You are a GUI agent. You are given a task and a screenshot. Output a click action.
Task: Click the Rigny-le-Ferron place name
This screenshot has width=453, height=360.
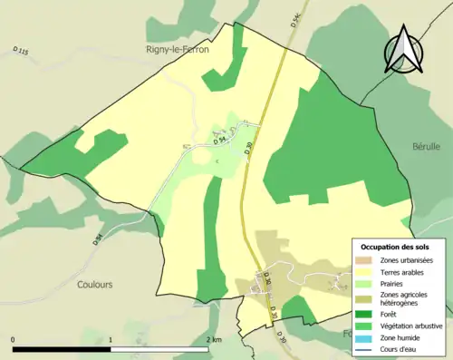pyautogui.click(x=178, y=49)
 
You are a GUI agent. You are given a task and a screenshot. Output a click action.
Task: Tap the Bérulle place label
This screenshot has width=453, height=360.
pyautogui.click(x=426, y=146)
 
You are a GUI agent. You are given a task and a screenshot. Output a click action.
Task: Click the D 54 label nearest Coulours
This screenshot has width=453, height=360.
pyautogui.click(x=97, y=240)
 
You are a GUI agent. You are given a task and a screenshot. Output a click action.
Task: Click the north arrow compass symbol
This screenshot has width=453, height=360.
pyautogui.click(x=401, y=52)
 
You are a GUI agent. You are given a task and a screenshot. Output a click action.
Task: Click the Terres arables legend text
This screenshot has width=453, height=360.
pyautogui.click(x=401, y=271)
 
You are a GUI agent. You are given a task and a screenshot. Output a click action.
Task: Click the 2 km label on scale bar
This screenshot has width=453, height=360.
pyautogui.click(x=214, y=340)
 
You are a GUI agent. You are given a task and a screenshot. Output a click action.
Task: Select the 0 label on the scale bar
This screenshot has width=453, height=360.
pyautogui.click(x=14, y=340)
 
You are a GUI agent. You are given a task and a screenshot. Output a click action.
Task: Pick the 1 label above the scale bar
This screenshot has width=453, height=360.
pyautogui.click(x=111, y=340)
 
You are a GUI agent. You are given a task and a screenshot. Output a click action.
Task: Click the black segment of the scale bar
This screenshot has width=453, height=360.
pyautogui.click(x=62, y=349)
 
